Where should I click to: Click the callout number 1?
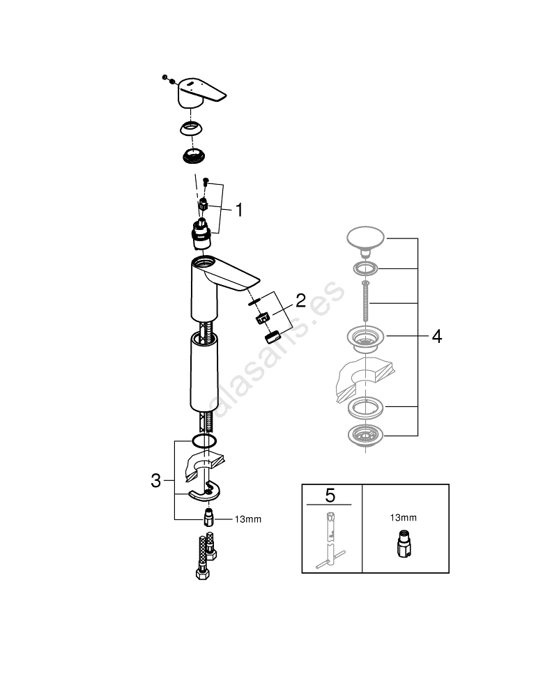click(x=238, y=210)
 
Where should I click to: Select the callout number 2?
click(x=300, y=301)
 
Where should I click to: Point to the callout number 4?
click(x=436, y=337)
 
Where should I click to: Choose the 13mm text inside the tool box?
click(x=403, y=518)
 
